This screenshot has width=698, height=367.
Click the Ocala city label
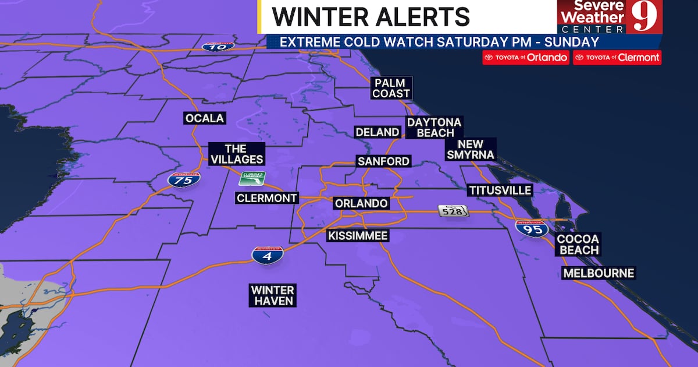tap(204, 118)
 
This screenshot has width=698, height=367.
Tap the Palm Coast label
tap(391, 88)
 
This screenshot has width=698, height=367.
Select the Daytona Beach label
tap(434, 128)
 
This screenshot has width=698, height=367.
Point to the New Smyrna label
tap(471, 150)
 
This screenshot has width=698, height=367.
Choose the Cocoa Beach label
tap(578, 245)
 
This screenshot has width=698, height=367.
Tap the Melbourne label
tap(599, 273)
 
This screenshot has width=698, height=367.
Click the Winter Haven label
tap(273, 295)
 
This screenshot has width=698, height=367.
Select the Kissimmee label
tap(357, 236)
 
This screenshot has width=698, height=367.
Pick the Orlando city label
tap(361, 203)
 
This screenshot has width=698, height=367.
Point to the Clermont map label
tap(267, 198)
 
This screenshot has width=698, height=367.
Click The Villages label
tap(236, 154)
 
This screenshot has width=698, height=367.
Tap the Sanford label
tap(384, 161)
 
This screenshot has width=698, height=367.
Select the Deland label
tap(378, 132)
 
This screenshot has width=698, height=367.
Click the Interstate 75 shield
tap(184, 179)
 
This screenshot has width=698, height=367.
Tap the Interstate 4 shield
tap(268, 255)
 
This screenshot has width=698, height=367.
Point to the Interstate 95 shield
tap(532, 228)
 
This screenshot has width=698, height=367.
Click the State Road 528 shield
tap(454, 211)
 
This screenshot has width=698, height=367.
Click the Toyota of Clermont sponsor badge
tap(617, 58)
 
